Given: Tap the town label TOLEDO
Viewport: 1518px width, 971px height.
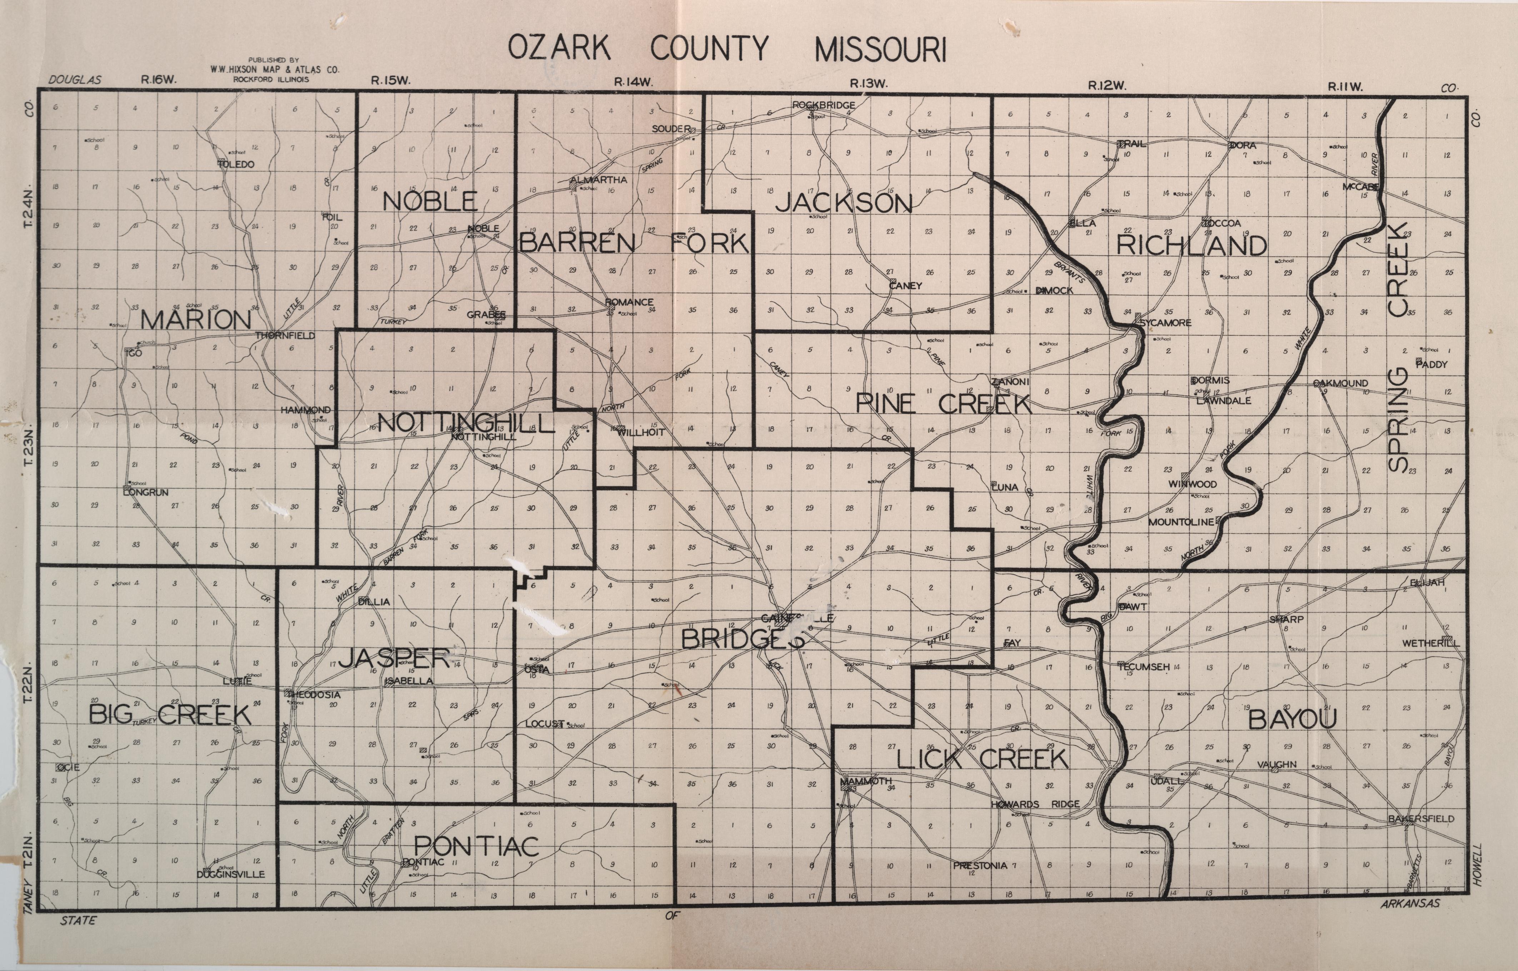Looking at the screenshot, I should click(237, 165).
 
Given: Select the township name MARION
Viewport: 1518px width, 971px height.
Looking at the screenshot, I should click(195, 320).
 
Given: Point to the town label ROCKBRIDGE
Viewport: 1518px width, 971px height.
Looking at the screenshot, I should click(824, 105).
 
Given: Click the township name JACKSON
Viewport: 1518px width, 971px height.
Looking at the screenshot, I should click(843, 203).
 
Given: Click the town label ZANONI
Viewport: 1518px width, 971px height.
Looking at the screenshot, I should click(1010, 382).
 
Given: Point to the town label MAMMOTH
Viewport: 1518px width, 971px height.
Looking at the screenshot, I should click(867, 781).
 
